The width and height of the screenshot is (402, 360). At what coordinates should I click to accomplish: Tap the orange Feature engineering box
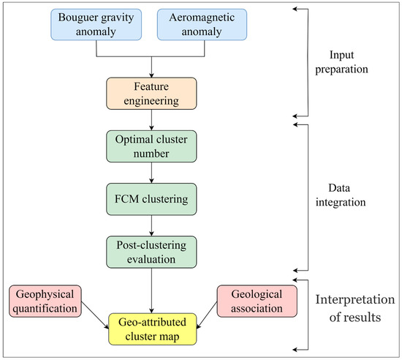click(151, 94)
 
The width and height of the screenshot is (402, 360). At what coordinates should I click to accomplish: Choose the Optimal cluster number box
click(151, 145)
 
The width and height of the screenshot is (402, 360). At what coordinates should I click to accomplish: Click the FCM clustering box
click(151, 199)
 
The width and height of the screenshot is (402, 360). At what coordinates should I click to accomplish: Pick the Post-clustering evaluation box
click(151, 251)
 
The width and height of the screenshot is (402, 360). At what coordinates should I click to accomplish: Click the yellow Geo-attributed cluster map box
click(151, 329)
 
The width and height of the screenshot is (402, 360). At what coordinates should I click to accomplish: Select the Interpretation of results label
click(353, 310)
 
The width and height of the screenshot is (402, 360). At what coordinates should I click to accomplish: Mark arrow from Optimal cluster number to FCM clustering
click(151, 172)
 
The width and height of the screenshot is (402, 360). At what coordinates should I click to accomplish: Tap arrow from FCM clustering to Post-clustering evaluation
click(151, 225)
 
